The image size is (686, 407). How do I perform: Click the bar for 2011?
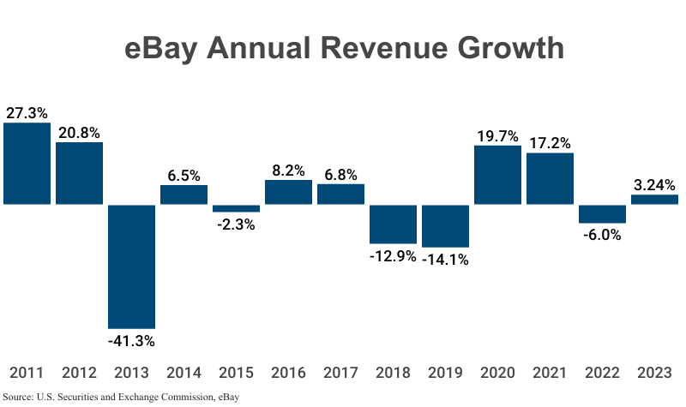(x=27, y=164)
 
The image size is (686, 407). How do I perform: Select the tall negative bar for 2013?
(x=131, y=266)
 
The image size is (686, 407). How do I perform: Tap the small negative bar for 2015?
(x=236, y=208)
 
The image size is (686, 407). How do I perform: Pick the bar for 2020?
(x=497, y=175)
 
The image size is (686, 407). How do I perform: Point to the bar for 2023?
(x=654, y=200)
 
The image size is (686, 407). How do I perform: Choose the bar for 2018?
(x=393, y=224)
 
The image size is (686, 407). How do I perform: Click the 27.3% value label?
(x=27, y=112)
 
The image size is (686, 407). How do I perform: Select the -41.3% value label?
(x=131, y=341)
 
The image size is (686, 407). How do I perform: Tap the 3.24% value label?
(x=654, y=184)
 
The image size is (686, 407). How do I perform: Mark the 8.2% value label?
(x=288, y=170)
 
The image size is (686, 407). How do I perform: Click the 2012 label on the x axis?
(x=79, y=373)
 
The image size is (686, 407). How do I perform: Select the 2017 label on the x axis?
(x=340, y=373)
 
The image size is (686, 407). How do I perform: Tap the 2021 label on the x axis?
(x=550, y=373)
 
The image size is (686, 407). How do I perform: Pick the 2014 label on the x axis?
(x=184, y=373)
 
